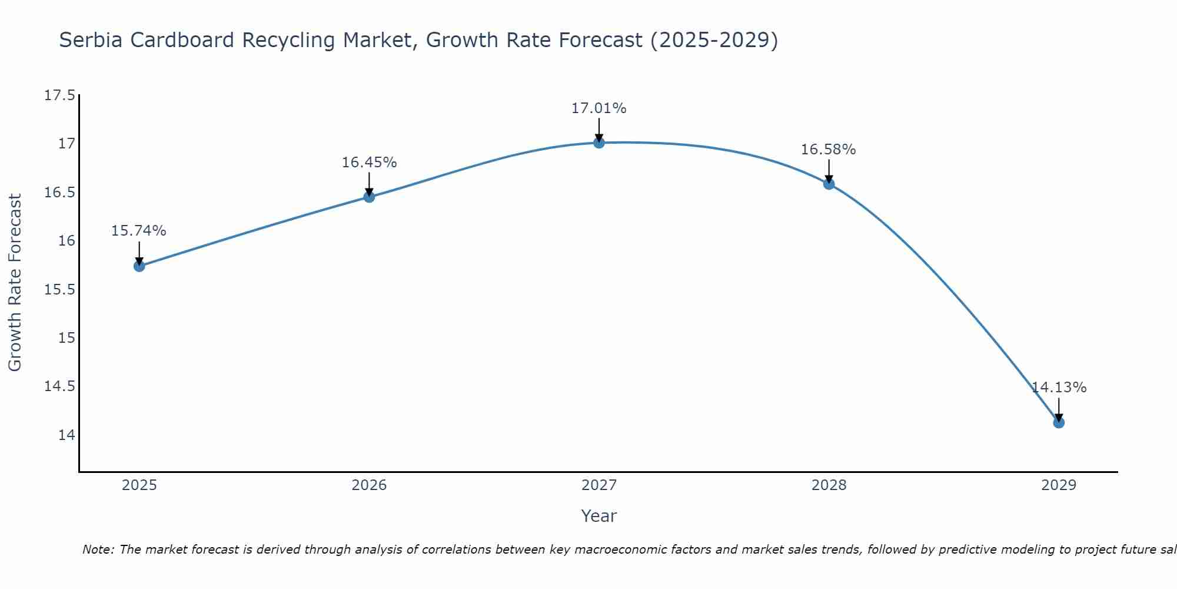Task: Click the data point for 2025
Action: pyautogui.click(x=139, y=266)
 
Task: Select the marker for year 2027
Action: pyautogui.click(x=599, y=143)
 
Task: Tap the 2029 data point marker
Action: pyautogui.click(x=1059, y=422)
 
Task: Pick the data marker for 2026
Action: pyautogui.click(x=369, y=197)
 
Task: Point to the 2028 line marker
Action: pyautogui.click(x=829, y=184)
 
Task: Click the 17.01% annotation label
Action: pyautogui.click(x=599, y=108)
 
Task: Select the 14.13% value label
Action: pyautogui.click(x=1059, y=388)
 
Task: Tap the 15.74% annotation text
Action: pyautogui.click(x=139, y=231)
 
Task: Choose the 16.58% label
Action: pyautogui.click(x=828, y=150)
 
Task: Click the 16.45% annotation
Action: pyautogui.click(x=369, y=163)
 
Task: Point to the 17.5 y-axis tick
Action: pyautogui.click(x=60, y=95)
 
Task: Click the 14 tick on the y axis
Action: pyautogui.click(x=67, y=435)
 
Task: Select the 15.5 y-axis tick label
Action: pyautogui.click(x=60, y=290)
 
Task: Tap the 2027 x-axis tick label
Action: pyautogui.click(x=599, y=485)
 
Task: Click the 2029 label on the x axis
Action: pyautogui.click(x=1059, y=485)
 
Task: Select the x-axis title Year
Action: pyautogui.click(x=599, y=516)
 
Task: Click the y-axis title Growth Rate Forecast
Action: pyautogui.click(x=15, y=283)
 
